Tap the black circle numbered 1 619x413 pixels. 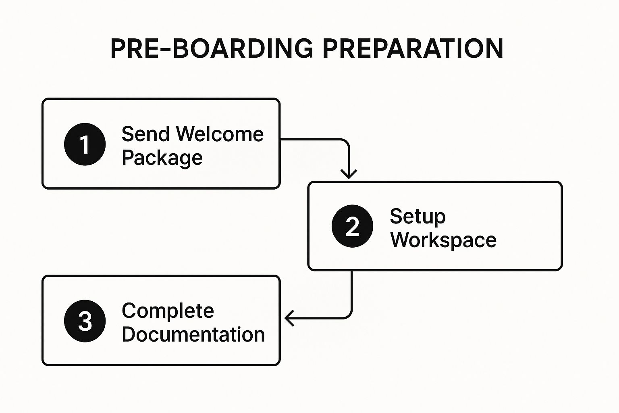click(x=85, y=144)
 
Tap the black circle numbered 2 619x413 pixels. click(x=352, y=226)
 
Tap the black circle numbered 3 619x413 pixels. click(x=85, y=321)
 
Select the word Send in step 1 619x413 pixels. click(x=145, y=134)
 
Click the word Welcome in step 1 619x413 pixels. click(x=220, y=134)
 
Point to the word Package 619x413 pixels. click(x=162, y=158)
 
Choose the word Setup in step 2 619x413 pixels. click(x=418, y=216)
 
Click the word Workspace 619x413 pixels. click(x=443, y=240)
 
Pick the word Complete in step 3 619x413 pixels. click(x=168, y=311)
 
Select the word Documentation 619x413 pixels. click(x=193, y=334)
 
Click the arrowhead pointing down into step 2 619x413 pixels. click(x=349, y=174)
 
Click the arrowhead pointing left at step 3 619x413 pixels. click(x=289, y=318)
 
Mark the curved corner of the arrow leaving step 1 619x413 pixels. click(x=345, y=143)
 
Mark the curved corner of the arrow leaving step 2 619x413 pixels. click(x=348, y=315)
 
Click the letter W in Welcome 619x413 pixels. click(x=187, y=134)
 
